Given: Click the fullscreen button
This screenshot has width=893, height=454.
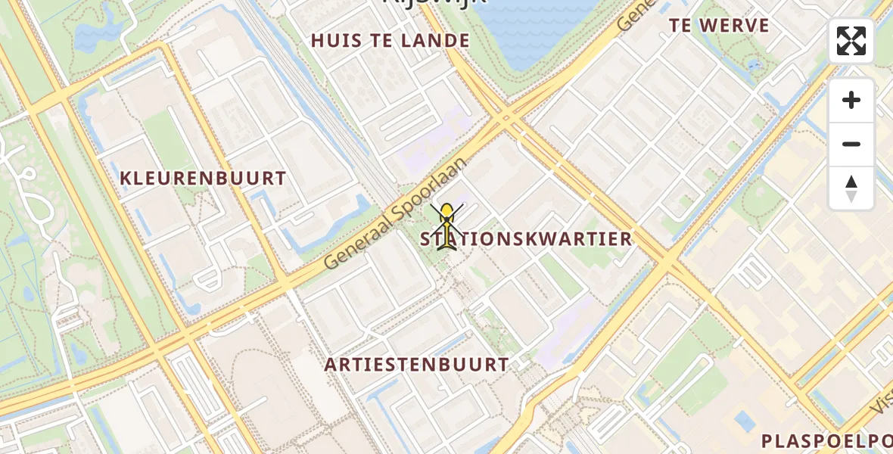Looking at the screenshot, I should tap(851, 41).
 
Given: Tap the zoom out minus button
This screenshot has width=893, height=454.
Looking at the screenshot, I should tap(851, 144).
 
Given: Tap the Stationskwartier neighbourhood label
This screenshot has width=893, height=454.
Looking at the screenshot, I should tap(527, 239).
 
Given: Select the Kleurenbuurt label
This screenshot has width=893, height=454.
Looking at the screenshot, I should tap(203, 179).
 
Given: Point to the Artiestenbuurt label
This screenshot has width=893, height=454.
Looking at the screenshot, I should tap(417, 364).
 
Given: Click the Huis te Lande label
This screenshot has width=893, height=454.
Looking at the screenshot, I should tap(390, 41).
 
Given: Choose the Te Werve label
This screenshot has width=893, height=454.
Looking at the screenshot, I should tap(719, 25).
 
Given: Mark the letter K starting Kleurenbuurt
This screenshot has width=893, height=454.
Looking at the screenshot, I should tap(126, 179).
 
